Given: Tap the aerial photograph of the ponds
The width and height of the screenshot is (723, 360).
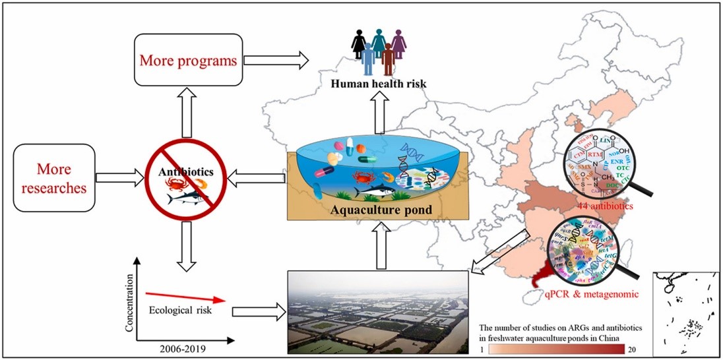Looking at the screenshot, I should point(379,311).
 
